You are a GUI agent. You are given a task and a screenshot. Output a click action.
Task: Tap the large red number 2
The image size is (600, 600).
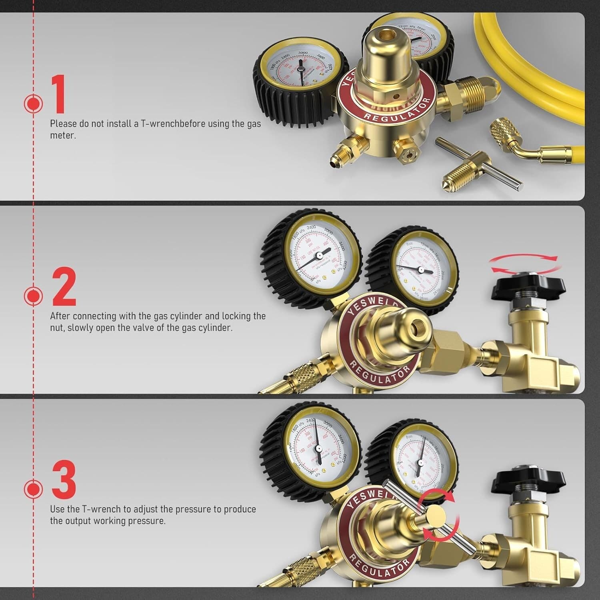point(64,286)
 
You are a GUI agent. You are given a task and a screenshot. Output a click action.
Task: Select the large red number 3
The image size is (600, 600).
point(64,479)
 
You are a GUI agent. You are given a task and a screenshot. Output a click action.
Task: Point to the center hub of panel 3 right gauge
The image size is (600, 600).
point(420,462)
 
